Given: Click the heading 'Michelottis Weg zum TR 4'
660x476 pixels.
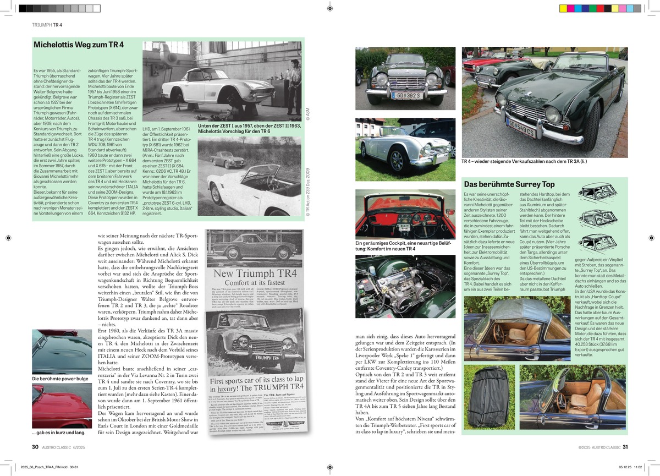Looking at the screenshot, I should tap(79, 45).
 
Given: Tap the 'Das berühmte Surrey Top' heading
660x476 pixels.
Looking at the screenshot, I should tap(509, 184).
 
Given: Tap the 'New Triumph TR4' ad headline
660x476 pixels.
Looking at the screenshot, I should tap(255, 273).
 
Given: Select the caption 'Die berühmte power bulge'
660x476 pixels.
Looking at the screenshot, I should tap(59, 379).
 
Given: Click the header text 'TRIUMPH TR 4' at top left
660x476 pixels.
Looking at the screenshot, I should tap(47, 25).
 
